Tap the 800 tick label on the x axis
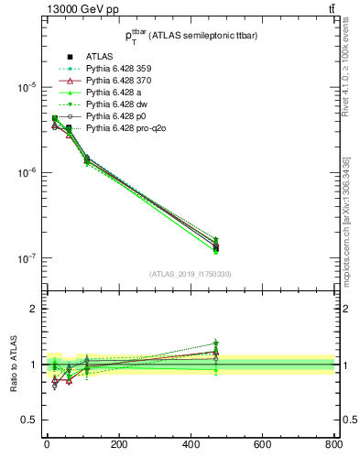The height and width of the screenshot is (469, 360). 333,446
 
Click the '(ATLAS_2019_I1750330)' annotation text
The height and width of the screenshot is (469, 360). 191,274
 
